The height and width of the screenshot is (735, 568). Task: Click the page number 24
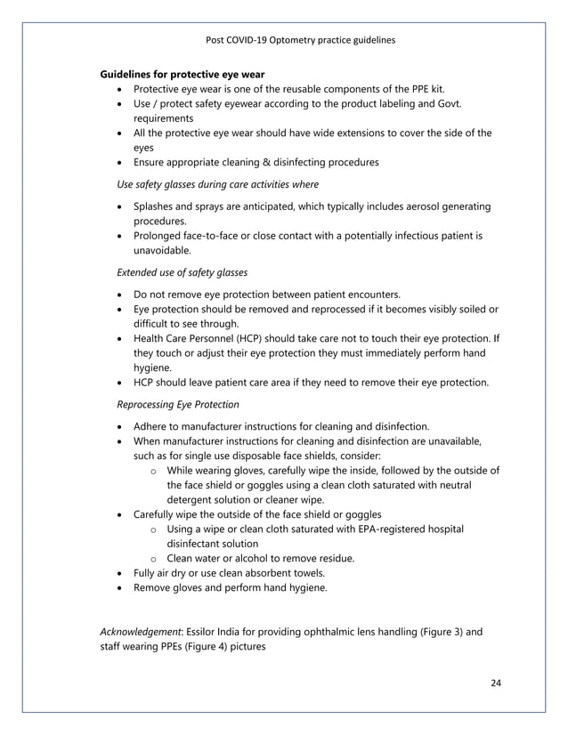[x=496, y=682]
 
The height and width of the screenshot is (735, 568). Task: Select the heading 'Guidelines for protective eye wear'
[x=183, y=73]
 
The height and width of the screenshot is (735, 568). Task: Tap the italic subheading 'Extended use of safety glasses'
[x=183, y=271]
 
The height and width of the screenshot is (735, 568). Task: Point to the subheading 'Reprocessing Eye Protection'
[x=181, y=403]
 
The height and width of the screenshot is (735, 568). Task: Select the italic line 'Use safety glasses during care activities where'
[x=218, y=184]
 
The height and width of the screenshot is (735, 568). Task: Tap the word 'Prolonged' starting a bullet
[x=159, y=236]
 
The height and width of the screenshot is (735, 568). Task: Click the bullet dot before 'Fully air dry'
[x=121, y=573]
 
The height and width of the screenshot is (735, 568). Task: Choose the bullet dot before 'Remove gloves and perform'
[x=121, y=588]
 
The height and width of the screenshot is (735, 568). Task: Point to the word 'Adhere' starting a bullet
[x=152, y=426]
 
